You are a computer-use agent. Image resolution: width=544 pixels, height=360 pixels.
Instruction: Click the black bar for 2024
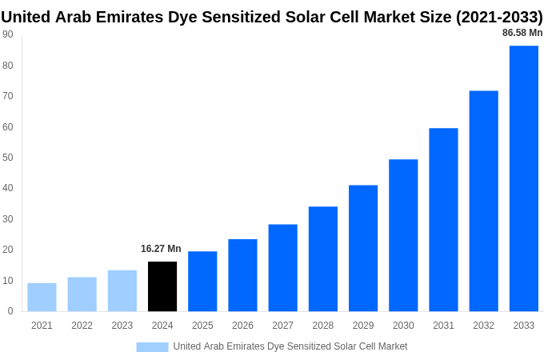[162, 286]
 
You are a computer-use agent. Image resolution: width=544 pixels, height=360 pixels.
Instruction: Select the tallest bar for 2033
[523, 178]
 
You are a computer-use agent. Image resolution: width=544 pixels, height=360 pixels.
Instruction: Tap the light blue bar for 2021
[42, 297]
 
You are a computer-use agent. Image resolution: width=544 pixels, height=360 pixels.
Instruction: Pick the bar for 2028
[322, 258]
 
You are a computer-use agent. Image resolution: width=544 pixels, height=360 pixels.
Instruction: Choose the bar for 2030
[403, 235]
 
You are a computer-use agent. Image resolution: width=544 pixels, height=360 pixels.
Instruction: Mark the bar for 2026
[242, 275]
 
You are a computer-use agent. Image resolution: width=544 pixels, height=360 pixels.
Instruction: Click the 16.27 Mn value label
[161, 249]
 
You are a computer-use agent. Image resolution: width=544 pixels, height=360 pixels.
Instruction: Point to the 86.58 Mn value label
[522, 33]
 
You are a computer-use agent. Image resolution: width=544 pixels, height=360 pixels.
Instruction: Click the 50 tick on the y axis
[7, 158]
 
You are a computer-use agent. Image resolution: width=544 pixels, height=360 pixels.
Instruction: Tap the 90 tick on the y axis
[7, 34]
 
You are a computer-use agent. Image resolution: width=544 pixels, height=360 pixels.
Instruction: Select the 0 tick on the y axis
[10, 311]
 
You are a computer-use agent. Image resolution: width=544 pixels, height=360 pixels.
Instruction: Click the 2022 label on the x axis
[82, 326]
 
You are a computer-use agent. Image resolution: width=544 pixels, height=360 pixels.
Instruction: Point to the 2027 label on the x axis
[282, 326]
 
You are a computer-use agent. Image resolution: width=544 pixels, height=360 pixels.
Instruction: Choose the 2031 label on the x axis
[443, 326]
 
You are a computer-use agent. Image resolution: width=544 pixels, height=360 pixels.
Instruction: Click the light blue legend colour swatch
[152, 347]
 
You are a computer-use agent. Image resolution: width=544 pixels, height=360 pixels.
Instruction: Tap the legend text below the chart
[290, 346]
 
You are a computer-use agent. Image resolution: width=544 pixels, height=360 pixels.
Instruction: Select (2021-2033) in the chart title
[499, 17]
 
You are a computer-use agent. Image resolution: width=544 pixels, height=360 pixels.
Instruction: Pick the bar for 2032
[483, 201]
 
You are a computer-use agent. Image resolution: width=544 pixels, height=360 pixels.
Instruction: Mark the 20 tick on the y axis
[7, 250]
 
